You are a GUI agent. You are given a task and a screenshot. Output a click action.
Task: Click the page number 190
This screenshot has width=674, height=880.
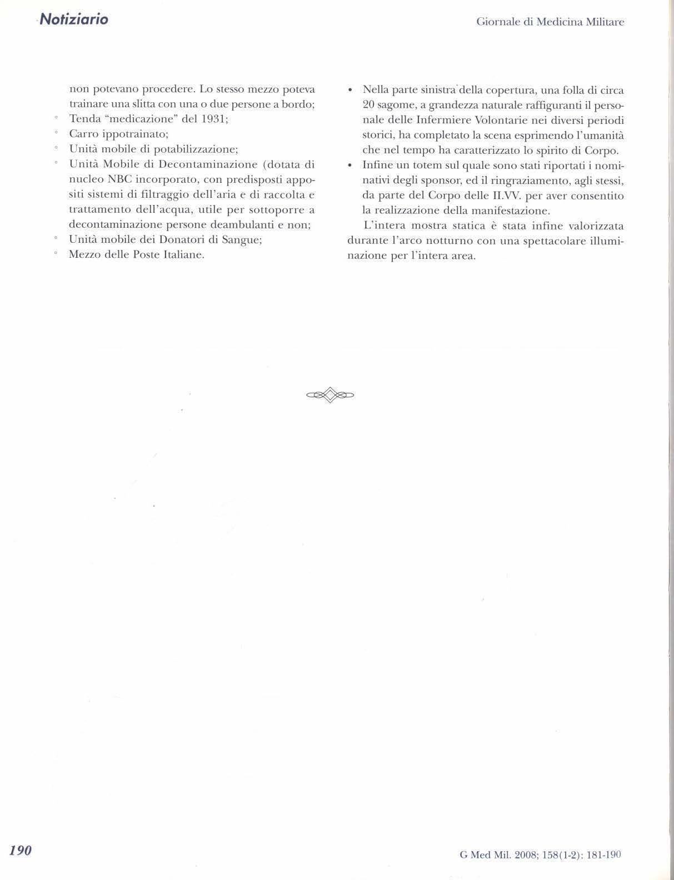tap(21, 850)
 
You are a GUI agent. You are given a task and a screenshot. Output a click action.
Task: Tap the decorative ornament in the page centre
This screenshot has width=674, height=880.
tap(330, 395)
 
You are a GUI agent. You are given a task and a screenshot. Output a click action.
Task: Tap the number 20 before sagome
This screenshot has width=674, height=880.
tap(368, 106)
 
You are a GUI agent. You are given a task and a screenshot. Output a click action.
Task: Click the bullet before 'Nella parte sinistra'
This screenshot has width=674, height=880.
tap(350, 90)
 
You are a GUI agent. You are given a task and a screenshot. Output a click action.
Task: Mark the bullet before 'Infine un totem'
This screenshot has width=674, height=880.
tap(350, 166)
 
